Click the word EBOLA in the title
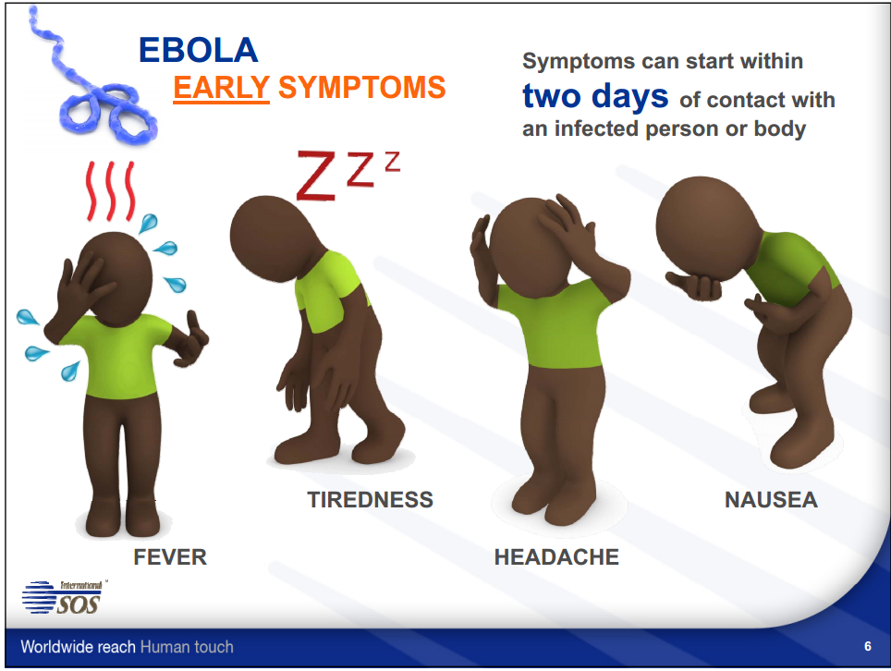click(199, 50)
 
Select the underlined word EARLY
click(221, 88)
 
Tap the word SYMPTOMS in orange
click(362, 88)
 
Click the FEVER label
click(170, 556)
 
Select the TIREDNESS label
click(371, 500)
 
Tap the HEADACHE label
click(556, 556)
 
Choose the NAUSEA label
click(771, 500)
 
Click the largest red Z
click(316, 176)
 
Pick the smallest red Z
click(392, 162)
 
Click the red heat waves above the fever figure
click(111, 191)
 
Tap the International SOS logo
click(63, 596)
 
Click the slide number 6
click(868, 646)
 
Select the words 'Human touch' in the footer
click(187, 647)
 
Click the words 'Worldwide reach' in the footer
click(78, 647)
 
